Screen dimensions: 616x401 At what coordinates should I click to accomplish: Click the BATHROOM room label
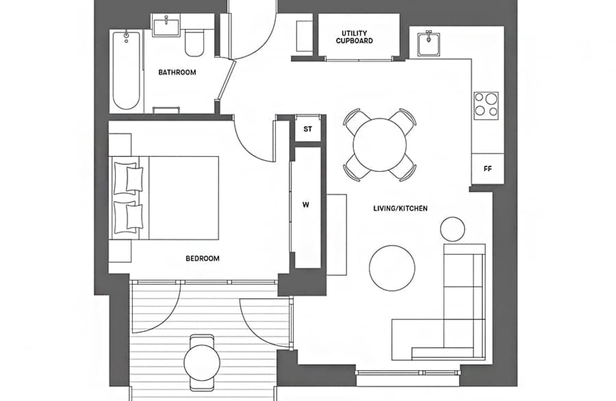click(177, 72)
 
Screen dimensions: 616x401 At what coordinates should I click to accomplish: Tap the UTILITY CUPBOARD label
click(355, 37)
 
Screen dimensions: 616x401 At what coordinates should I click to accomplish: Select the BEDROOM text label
click(202, 258)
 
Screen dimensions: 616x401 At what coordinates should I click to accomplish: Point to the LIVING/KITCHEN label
click(401, 209)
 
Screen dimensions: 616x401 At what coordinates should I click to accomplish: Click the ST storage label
click(307, 129)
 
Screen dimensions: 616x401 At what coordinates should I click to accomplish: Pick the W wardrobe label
click(306, 205)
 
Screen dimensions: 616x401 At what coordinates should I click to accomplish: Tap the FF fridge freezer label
click(488, 169)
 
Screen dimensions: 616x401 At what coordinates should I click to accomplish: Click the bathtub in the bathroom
click(126, 71)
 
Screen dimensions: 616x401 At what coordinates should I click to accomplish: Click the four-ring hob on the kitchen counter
click(486, 106)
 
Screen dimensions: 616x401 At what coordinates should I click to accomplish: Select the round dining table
click(380, 144)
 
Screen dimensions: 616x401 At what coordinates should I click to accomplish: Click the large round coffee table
click(392, 268)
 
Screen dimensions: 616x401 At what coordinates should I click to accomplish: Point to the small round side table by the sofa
click(452, 229)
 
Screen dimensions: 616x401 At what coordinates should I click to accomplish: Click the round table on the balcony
click(202, 363)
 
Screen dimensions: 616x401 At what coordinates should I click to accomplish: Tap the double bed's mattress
click(184, 198)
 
